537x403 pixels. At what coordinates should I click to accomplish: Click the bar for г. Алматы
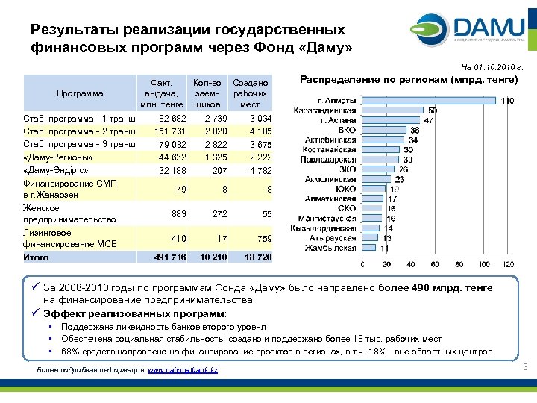429,101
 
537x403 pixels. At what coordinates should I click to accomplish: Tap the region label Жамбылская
331,247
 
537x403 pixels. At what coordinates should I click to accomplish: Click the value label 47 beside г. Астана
429,120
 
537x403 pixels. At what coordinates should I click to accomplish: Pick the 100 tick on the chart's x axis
484,264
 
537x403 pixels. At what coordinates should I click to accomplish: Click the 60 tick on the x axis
436,264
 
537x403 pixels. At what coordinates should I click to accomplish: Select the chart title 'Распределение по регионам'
409,78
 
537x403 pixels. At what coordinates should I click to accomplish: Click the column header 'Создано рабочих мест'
250,93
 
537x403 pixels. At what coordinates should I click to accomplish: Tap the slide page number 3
525,366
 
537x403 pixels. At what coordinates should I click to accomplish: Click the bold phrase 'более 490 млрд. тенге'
431,288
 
